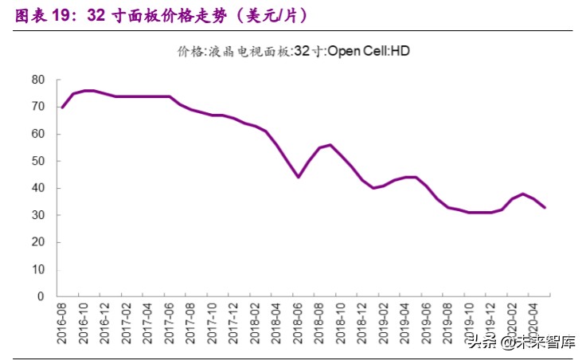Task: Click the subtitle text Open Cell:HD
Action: point(369,51)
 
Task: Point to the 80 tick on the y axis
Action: point(37,80)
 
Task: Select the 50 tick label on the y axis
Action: point(37,161)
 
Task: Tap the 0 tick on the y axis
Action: point(41,296)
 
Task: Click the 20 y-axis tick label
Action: point(37,242)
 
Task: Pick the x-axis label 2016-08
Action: point(62,323)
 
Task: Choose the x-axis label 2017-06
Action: point(170,323)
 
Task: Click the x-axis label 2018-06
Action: point(299,323)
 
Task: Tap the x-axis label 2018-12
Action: point(363,323)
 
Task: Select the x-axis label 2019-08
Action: point(449,323)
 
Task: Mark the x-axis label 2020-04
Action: point(534,323)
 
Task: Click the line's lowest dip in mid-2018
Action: point(299,177)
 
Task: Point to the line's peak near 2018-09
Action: point(330,145)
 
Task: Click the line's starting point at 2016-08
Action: point(62,107)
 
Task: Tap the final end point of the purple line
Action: point(545,207)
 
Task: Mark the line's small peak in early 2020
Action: point(523,194)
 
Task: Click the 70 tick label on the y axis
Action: point(37,107)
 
